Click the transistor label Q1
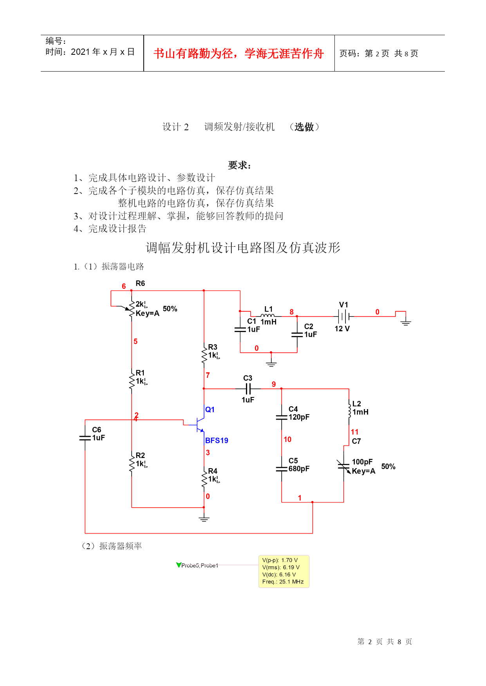[x=210, y=409]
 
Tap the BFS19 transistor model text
[x=217, y=440]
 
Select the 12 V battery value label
[x=342, y=329]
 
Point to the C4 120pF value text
[x=299, y=417]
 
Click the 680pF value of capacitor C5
[x=299, y=469]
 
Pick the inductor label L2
[x=357, y=404]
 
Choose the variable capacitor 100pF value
[x=362, y=462]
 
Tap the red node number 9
[x=274, y=384]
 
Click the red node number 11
[x=354, y=432]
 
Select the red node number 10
[x=287, y=440]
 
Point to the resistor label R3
[x=213, y=347]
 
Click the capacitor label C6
[x=97, y=429]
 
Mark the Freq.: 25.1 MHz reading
[x=283, y=582]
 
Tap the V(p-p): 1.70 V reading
[x=280, y=560]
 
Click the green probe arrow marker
[x=179, y=565]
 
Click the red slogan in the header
[x=239, y=54]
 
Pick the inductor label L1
[x=269, y=309]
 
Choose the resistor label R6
[x=140, y=283]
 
